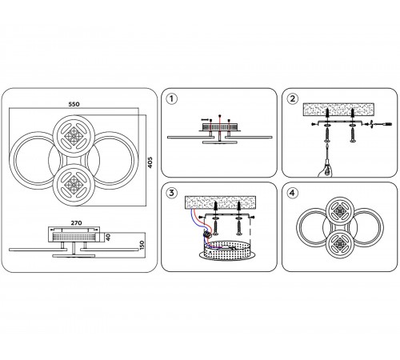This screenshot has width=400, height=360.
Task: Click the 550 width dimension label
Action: click(x=74, y=104)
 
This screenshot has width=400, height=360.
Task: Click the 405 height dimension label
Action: click(x=150, y=162)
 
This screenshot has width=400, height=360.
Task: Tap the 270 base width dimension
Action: click(x=76, y=223)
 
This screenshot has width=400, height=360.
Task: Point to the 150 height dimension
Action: click(x=142, y=245)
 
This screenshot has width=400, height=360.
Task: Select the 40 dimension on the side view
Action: click(x=108, y=237)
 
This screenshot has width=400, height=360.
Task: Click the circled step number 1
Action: click(x=171, y=98)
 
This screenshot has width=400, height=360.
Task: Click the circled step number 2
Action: click(x=292, y=98)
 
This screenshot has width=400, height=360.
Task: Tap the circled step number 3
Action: click(x=171, y=193)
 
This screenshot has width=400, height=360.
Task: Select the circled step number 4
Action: click(x=292, y=193)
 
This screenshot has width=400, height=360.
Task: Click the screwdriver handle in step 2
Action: click(x=326, y=170)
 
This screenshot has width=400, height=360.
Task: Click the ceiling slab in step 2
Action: click(x=338, y=110)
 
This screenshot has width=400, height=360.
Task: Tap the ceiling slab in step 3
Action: click(x=220, y=202)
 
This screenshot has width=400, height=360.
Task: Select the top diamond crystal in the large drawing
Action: click(x=74, y=136)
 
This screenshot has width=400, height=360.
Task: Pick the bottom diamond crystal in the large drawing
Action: click(x=73, y=185)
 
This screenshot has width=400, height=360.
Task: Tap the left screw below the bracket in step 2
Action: click(x=326, y=135)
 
